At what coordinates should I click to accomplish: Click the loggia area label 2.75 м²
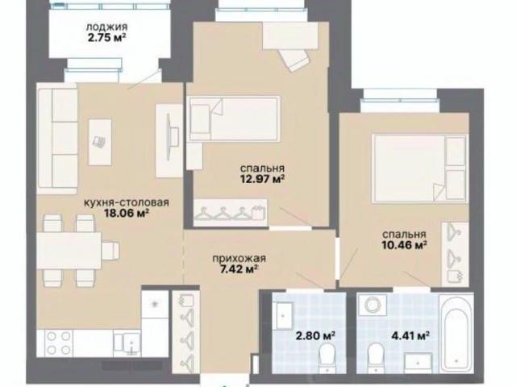pyautogui.click(x=107, y=38)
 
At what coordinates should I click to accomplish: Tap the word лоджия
pyautogui.click(x=106, y=27)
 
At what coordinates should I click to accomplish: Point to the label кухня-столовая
pyautogui.click(x=127, y=202)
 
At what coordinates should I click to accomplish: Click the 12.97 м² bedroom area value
pyautogui.click(x=262, y=179)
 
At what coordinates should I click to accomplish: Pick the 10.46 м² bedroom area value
pyautogui.click(x=405, y=245)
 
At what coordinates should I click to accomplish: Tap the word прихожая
pyautogui.click(x=239, y=258)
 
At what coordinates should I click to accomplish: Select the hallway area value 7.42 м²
pyautogui.click(x=239, y=269)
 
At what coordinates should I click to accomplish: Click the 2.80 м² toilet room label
pyautogui.click(x=316, y=335)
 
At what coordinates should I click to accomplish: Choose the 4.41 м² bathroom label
pyautogui.click(x=410, y=335)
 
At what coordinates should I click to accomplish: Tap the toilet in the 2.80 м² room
pyautogui.click(x=327, y=358)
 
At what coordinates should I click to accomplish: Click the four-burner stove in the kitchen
pyautogui.click(x=59, y=343)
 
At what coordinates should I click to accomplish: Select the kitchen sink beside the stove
pyautogui.click(x=127, y=343)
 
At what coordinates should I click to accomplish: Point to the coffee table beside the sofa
pyautogui.click(x=100, y=142)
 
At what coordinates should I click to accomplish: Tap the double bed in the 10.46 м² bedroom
pyautogui.click(x=419, y=167)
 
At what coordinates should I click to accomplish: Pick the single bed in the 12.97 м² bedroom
pyautogui.click(x=234, y=119)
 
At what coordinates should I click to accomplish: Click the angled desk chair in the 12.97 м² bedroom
pyautogui.click(x=295, y=59)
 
